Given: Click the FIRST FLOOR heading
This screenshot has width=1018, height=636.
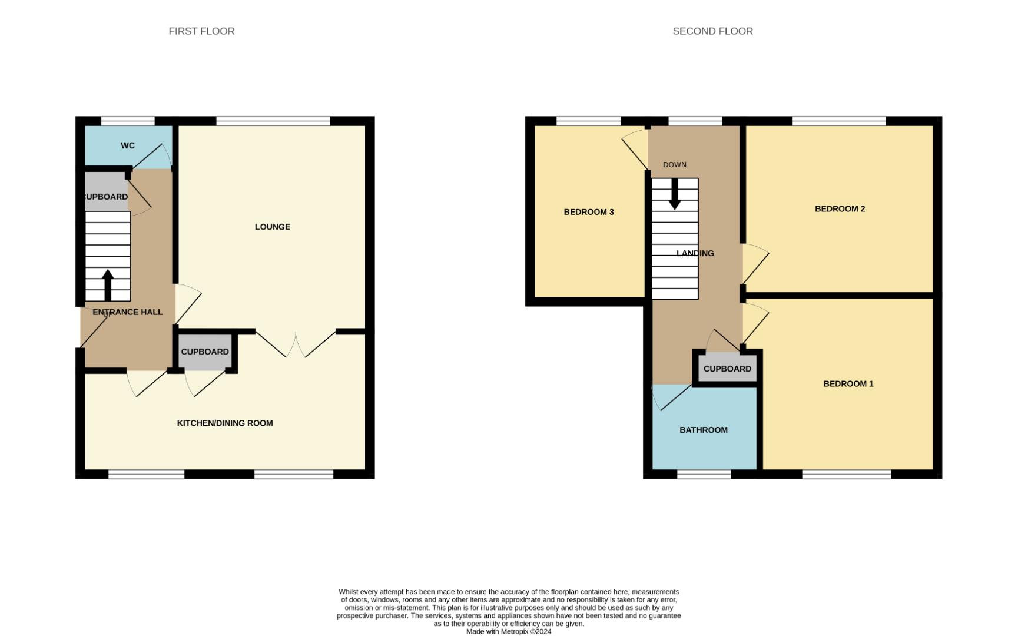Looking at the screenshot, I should point(201,31).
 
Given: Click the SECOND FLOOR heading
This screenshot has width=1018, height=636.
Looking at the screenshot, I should point(712,31).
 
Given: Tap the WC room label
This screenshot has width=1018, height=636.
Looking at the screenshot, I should point(128,145).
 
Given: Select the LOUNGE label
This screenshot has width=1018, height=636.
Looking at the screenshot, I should point(272,227).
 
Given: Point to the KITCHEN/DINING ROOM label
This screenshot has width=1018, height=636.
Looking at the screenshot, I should point(225,423).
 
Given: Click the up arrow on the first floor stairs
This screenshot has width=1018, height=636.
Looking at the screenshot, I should point(108,285).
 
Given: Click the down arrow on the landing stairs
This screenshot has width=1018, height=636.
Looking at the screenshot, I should point(675,194).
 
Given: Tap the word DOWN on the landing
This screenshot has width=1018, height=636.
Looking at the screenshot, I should point(674,165).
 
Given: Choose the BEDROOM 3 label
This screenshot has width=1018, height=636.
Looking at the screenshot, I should point(589,212).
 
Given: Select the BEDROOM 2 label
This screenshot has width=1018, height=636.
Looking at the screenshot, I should point(840,208).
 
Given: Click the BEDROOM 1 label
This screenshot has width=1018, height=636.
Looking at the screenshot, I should point(848,383).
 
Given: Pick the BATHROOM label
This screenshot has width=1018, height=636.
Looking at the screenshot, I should point(704,430).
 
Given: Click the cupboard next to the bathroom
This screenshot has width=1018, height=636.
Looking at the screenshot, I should point(727,369).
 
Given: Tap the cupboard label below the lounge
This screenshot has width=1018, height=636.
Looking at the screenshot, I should point(205,352).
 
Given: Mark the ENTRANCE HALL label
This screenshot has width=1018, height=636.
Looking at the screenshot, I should point(128,312).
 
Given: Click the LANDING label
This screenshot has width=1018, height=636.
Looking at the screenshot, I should point(695,253).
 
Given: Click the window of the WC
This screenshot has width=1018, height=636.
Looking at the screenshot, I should point(128,121).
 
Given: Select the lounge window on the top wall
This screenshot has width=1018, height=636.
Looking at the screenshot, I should point(273,121).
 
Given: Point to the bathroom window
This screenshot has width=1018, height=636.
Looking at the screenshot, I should point(704,474).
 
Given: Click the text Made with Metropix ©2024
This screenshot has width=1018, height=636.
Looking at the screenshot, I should point(509,631).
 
